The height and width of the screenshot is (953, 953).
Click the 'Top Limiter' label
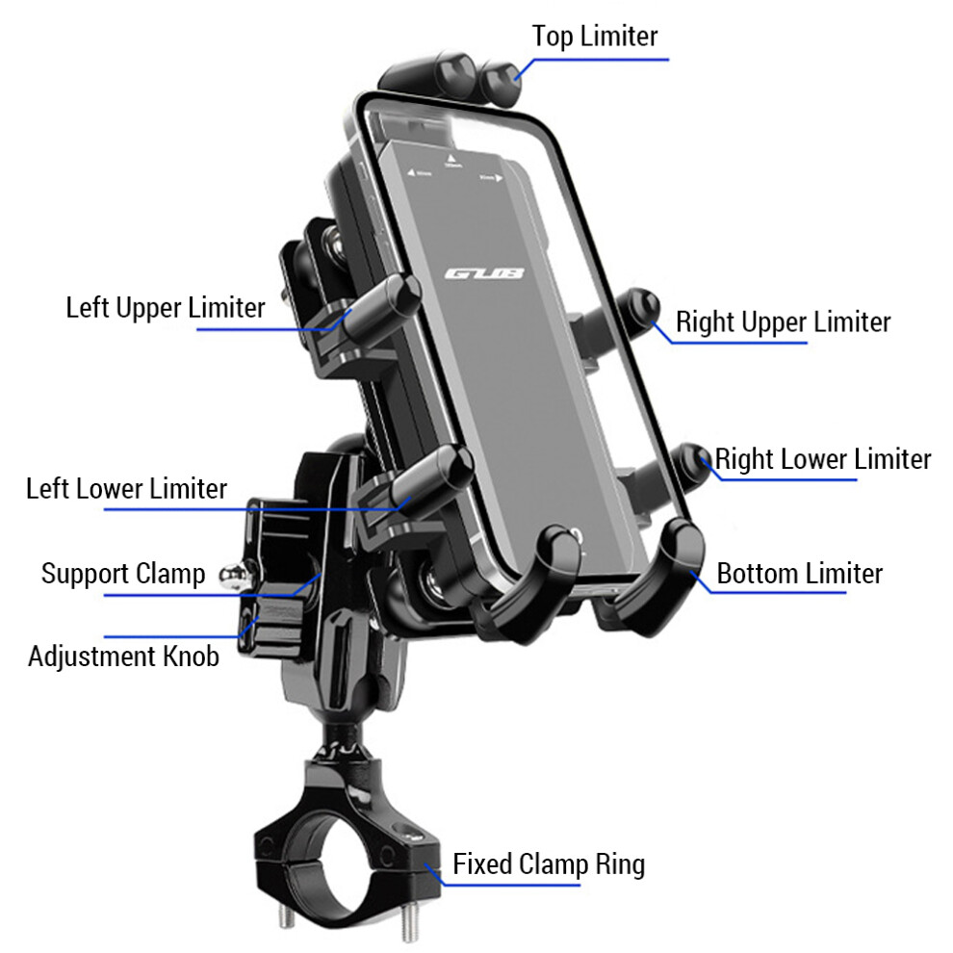[594, 37]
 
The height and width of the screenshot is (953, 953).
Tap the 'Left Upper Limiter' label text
[165, 308]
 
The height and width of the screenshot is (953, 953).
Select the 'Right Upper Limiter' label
[783, 322]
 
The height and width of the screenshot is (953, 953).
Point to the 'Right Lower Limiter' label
[822, 459]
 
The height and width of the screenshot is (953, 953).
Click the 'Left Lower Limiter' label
[126, 488]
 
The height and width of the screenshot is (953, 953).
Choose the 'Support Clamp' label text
[122, 575]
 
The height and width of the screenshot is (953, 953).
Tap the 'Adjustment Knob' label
[123, 657]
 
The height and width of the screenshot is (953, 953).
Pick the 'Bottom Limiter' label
[799, 575]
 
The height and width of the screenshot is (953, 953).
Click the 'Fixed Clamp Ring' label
[549, 864]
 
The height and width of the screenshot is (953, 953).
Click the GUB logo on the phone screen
[485, 275]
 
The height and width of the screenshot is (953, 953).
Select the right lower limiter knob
[692, 460]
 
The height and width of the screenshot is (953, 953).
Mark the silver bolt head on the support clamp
[229, 576]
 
